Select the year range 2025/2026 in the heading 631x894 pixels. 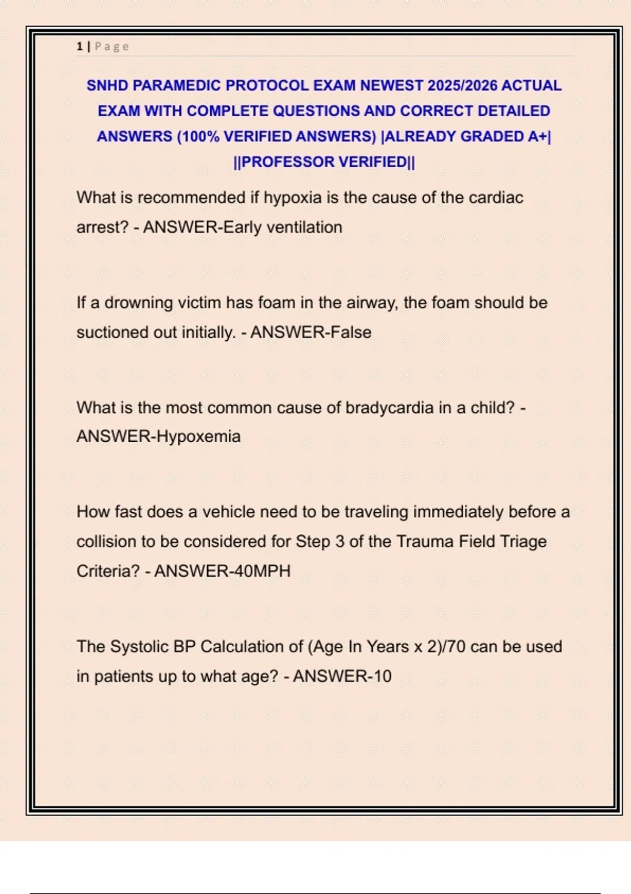click(x=462, y=86)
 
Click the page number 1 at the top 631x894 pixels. click(x=79, y=47)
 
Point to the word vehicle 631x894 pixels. click(x=229, y=512)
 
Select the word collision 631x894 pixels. click(x=107, y=542)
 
